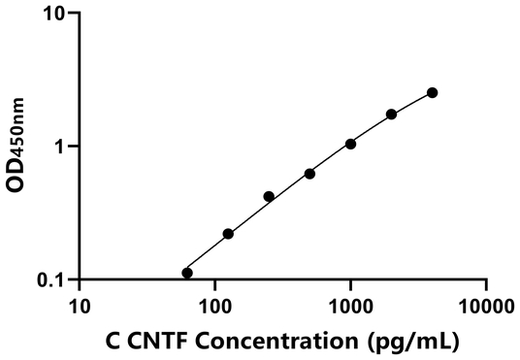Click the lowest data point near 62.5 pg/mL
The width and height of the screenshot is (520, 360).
pyautogui.click(x=187, y=273)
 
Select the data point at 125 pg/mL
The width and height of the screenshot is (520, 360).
pyautogui.click(x=228, y=234)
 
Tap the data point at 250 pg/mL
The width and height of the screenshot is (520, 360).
pyautogui.click(x=269, y=196)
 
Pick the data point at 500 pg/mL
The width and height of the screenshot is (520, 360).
pyautogui.click(x=309, y=174)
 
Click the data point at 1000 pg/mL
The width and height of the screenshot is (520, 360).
pyautogui.click(x=350, y=144)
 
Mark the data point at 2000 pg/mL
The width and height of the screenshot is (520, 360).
pyautogui.click(x=391, y=114)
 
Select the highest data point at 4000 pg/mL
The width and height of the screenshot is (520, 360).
pyautogui.click(x=432, y=92)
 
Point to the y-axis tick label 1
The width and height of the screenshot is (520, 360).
pyautogui.click(x=62, y=147)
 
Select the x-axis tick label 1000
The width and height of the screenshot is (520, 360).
pyautogui.click(x=349, y=308)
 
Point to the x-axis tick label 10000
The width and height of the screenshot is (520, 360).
pyautogui.click(x=484, y=308)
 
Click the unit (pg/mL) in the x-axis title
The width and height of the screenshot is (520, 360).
pyautogui.click(x=414, y=341)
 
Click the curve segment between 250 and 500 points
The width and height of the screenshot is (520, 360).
pyautogui.click(x=289, y=186)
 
